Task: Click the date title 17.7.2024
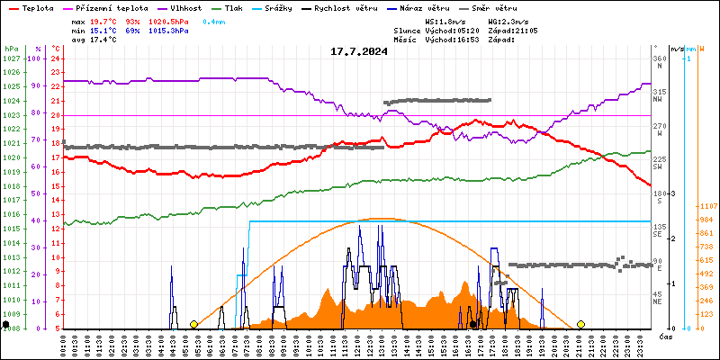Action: tap(359, 51)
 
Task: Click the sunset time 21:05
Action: tap(526, 31)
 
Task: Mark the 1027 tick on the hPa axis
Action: tap(11, 58)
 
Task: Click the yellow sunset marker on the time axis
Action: tap(580, 324)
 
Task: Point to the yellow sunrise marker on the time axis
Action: tap(193, 324)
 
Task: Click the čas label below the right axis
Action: tap(666, 336)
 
